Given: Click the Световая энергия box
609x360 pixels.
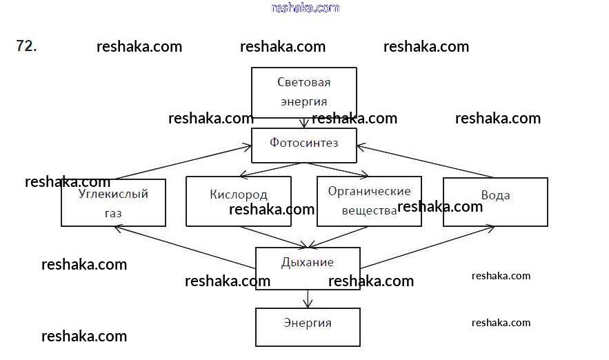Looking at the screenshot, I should click(x=303, y=92).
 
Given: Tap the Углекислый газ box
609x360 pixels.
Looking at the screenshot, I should click(x=113, y=202).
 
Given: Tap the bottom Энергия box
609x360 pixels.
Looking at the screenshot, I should click(x=308, y=327).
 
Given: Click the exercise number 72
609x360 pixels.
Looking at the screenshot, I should click(x=26, y=46).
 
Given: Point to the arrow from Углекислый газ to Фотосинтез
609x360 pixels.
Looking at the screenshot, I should click(x=183, y=162).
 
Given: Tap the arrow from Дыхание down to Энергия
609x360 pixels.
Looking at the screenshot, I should click(x=308, y=299).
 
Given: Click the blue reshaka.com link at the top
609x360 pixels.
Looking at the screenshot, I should click(x=306, y=8).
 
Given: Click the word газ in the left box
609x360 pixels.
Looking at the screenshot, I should click(x=113, y=213).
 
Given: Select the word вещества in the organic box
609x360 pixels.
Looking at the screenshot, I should click(x=369, y=211).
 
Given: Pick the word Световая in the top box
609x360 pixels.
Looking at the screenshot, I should click(x=303, y=83).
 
